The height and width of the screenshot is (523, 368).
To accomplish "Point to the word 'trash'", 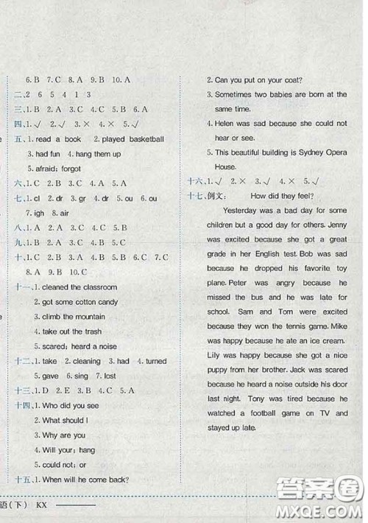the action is (x=99, y=331).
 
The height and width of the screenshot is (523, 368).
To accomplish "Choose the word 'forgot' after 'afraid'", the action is (x=68, y=168).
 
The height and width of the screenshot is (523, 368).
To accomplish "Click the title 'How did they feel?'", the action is (x=282, y=195).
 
